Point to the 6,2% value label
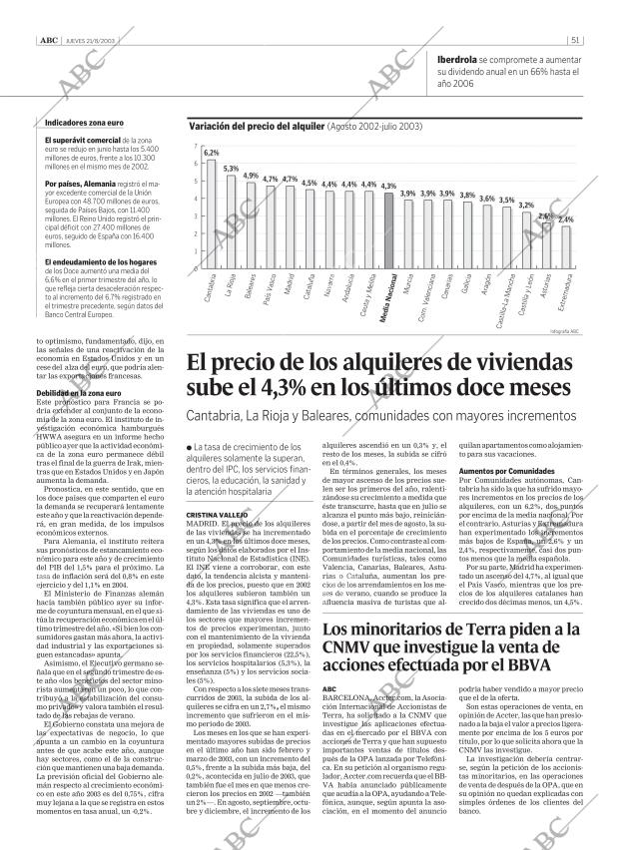[211, 153]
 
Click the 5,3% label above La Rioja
[231, 169]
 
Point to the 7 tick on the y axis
[195, 147]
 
